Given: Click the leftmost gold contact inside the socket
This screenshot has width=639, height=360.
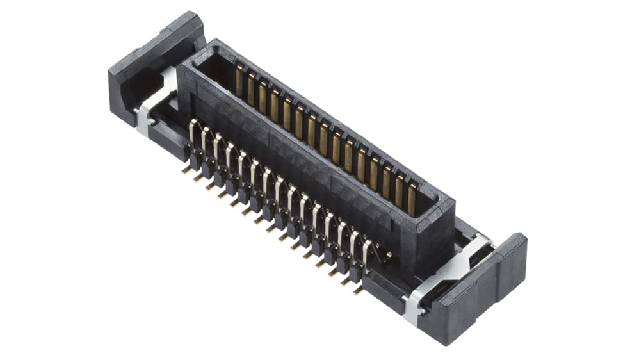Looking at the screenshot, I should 239,81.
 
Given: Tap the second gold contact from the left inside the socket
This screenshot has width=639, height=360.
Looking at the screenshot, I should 250,88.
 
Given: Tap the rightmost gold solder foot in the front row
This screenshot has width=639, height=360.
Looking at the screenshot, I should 358,290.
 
